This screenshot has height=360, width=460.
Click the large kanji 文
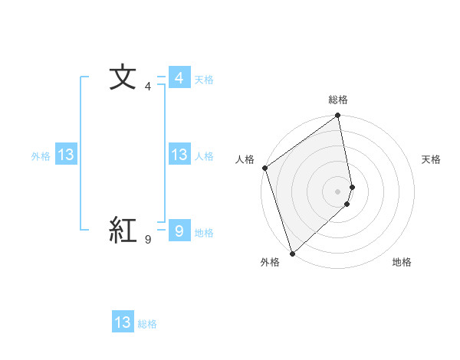(123, 78)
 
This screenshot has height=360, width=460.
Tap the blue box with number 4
(179, 78)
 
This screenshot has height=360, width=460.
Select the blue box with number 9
(179, 231)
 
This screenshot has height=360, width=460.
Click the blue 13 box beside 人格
(179, 155)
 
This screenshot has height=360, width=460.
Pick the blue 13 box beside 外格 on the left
(66, 155)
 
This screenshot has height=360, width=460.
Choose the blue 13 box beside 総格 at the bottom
(123, 322)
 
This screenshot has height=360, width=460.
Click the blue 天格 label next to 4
(204, 80)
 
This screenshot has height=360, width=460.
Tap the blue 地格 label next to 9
(204, 232)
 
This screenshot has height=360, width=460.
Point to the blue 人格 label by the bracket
(204, 156)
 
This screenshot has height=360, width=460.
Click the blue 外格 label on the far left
(41, 156)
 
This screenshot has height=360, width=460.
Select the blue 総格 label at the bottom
(147, 324)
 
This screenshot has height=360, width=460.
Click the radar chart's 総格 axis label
(338, 100)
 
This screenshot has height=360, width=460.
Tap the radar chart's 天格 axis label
(432, 159)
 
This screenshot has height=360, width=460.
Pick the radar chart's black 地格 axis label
(402, 262)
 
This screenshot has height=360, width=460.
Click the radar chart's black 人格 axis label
(245, 159)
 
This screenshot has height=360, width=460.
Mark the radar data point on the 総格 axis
(338, 116)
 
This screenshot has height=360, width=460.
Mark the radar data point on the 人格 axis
(264, 168)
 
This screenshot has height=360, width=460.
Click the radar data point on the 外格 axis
(292, 253)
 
